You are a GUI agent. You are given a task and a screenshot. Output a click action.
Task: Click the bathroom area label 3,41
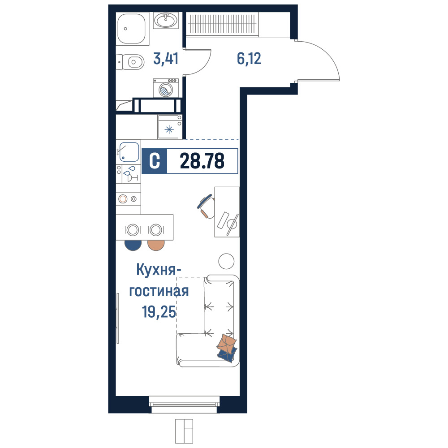[166, 58]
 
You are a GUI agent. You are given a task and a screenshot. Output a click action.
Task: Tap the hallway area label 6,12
[249, 58]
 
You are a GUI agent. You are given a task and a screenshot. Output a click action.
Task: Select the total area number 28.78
[202, 161]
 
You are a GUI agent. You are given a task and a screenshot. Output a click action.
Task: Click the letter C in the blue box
[155, 161]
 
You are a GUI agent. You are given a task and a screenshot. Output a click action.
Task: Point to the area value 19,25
[159, 311]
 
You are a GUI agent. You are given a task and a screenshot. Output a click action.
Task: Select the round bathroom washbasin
[166, 20]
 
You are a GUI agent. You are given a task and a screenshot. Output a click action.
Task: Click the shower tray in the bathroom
[133, 29]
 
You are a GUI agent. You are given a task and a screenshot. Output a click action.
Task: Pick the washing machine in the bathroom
[166, 88]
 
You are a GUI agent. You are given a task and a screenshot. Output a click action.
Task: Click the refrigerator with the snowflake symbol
[170, 127]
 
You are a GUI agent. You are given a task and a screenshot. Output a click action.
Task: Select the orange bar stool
[156, 245]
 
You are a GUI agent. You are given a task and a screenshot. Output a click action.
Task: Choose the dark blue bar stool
[133, 245]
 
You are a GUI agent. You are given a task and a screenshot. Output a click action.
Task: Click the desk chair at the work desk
[206, 206]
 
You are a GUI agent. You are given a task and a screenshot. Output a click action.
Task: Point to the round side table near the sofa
[226, 261]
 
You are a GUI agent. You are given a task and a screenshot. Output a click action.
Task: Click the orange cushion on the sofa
[227, 343]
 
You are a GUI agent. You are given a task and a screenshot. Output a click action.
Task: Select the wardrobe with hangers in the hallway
[222, 24]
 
